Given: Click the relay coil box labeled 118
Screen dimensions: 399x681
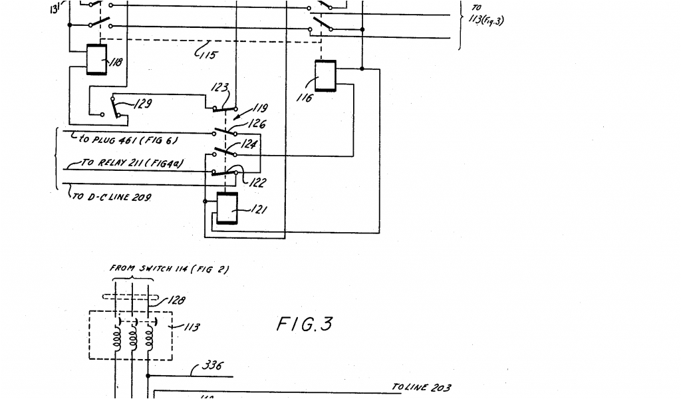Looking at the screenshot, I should tap(97, 61).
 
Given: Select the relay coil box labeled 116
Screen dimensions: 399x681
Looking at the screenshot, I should tap(325, 76).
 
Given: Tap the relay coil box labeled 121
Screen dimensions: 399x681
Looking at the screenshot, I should tap(227, 209).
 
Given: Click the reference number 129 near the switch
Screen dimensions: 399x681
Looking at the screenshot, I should tap(142, 104).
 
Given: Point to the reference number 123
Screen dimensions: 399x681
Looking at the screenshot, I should tap(219, 88).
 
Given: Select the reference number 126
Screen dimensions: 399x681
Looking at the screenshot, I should tap(257, 124).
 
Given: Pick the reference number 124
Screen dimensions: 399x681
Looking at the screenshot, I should tap(249, 143).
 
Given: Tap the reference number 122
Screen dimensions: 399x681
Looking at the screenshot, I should tap(256, 183).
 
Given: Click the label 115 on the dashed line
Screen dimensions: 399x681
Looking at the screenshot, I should tap(208, 55).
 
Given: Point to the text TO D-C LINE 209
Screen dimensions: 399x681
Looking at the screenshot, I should tap(112, 197).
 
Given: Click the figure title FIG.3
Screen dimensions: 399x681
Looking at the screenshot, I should tap(304, 325).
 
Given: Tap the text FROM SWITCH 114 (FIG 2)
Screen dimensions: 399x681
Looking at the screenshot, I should tap(170, 269).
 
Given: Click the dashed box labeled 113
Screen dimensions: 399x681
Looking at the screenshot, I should tap(130, 336).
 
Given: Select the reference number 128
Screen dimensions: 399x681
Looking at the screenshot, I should tap(176, 301).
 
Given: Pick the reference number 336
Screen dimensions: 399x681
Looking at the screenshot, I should tap(212, 366).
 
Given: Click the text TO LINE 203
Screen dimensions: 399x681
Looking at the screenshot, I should tap(421, 387).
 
